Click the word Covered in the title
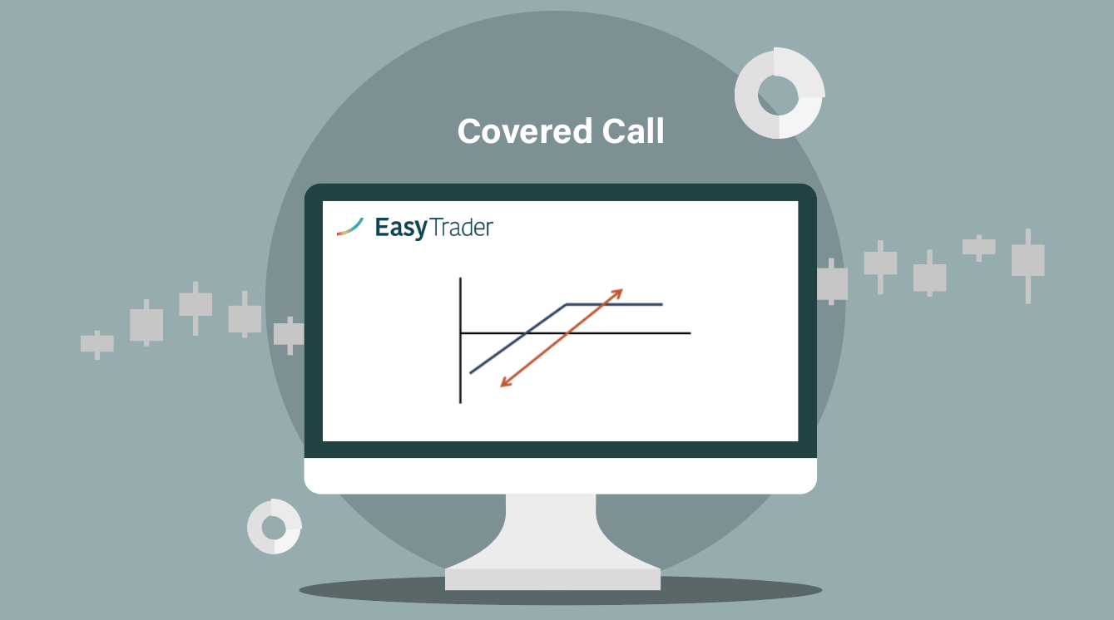(525, 131)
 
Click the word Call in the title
(633, 131)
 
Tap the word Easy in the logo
(401, 228)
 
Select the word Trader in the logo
(462, 228)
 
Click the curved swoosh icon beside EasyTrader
(350, 227)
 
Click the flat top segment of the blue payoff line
(614, 304)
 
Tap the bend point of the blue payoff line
(566, 304)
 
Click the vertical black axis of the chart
(461, 340)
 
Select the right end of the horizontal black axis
(691, 332)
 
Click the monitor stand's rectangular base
(552, 579)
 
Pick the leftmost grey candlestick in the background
(97, 344)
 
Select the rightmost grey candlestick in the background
(1028, 266)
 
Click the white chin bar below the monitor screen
(561, 475)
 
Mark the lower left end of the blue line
(470, 372)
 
